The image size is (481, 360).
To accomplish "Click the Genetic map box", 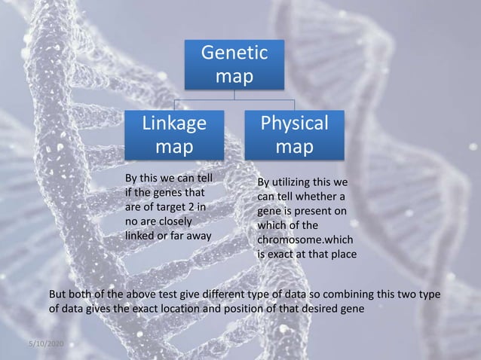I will click(x=233, y=65).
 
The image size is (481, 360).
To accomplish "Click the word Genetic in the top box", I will click(x=233, y=53).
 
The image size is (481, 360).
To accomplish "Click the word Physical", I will click(x=294, y=122).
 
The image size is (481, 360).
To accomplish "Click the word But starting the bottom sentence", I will click(x=58, y=294).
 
